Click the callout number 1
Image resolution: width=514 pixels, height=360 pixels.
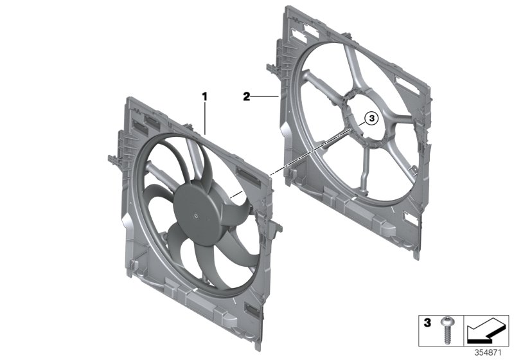[x=205, y=96]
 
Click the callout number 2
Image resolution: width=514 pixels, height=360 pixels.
[x=246, y=96]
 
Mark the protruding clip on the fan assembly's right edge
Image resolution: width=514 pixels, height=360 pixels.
[x=278, y=225]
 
